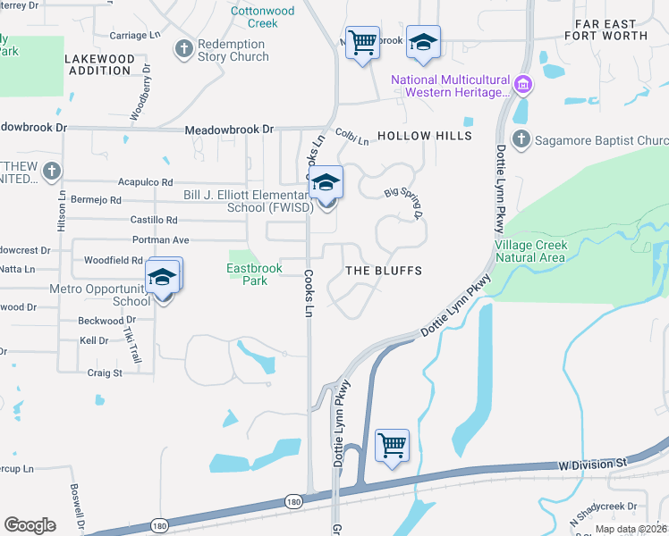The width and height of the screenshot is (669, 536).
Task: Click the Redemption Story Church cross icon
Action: point(184,48)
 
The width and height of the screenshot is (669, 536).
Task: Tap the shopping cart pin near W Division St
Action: point(392,445)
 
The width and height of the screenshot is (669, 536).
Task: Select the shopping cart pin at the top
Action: point(361,42)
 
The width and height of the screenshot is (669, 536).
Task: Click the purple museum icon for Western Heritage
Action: point(523,87)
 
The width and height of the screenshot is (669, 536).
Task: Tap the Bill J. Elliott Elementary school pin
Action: point(327,183)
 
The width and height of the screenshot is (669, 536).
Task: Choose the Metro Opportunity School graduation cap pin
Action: point(163,278)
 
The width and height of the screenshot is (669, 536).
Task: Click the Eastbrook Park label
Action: point(247,273)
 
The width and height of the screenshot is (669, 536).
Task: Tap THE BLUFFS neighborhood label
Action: point(383,270)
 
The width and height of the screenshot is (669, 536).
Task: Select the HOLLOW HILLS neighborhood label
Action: point(424,136)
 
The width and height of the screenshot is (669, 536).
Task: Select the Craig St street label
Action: point(104,373)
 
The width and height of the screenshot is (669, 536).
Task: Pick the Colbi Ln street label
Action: point(352,137)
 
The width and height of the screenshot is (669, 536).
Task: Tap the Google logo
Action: point(30,524)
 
